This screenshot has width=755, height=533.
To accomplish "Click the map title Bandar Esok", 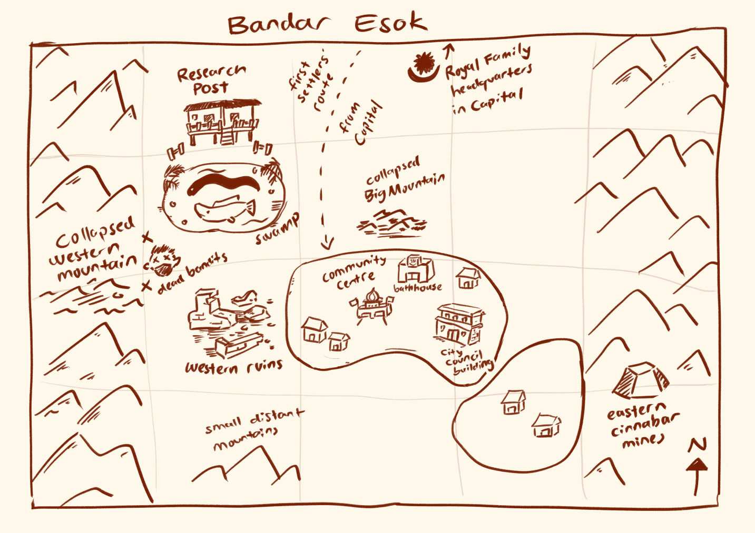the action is [327, 24].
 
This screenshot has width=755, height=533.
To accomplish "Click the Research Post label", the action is [211, 80].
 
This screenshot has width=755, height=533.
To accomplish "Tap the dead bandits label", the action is [192, 271].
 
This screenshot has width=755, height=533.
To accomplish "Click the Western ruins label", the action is [233, 366].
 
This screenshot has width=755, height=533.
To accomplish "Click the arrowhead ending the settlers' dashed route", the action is [328, 243].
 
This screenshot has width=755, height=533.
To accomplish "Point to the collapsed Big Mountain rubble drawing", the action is [391, 222].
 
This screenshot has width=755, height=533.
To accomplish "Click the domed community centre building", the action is [373, 305].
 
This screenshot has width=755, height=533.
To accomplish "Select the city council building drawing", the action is [459, 324].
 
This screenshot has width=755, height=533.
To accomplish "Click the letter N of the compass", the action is [697, 445].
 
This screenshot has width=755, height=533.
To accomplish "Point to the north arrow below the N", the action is [697, 476].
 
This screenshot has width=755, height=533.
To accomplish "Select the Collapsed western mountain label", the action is [95, 249].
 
